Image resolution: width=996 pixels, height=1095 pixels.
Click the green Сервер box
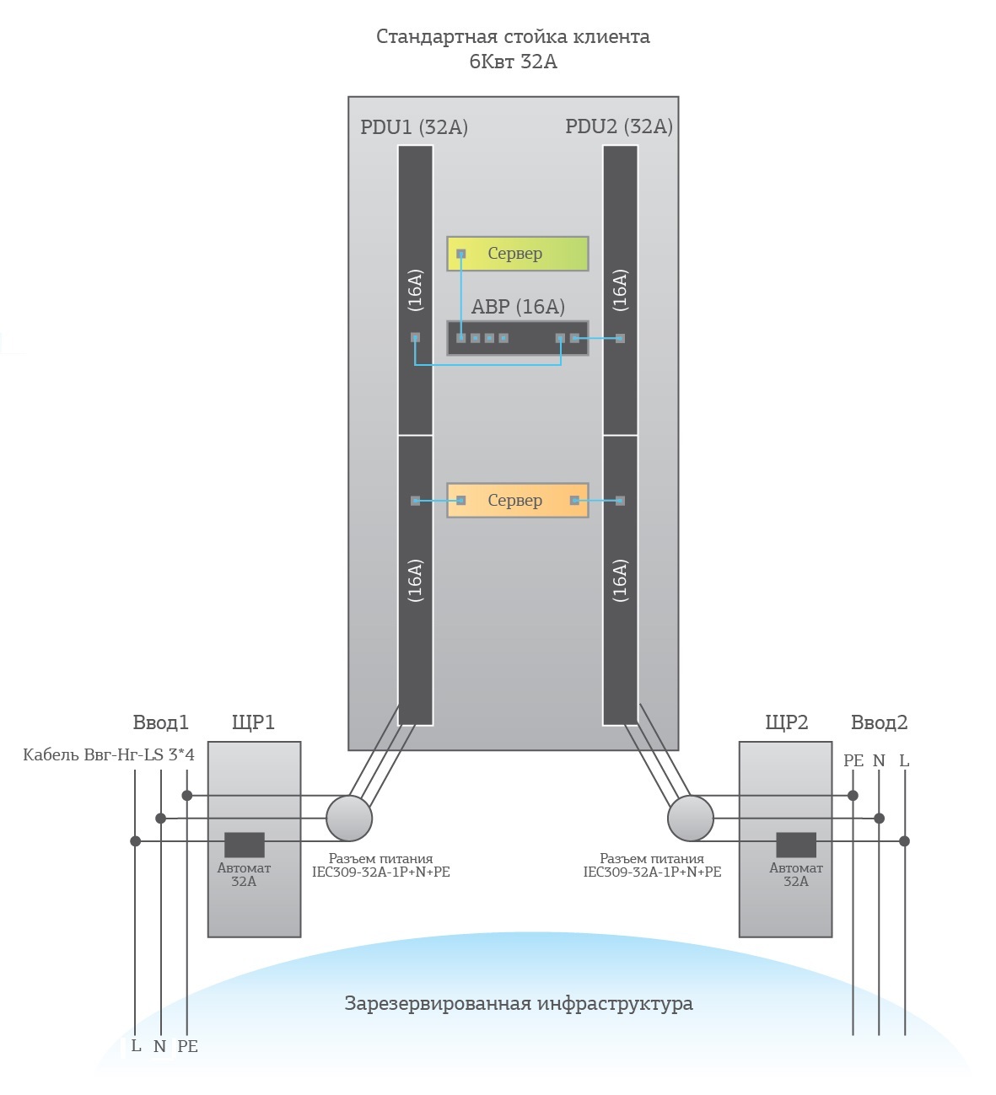[517, 253]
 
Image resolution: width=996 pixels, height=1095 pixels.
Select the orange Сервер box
[517, 500]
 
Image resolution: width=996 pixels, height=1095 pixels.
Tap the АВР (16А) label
[517, 306]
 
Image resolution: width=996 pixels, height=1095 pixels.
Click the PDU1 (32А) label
[413, 126]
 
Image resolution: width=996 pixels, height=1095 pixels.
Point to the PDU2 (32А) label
[618, 126]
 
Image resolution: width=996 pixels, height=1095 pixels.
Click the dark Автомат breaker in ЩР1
[245, 845]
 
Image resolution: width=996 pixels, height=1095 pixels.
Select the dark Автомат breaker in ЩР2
[795, 845]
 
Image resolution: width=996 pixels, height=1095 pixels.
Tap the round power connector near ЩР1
[348, 818]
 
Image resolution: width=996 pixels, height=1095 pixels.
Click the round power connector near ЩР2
[690, 818]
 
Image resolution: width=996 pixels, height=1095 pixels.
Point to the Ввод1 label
[160, 722]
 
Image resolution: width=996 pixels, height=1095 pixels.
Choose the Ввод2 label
[879, 722]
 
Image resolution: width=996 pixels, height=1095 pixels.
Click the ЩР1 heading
[253, 722]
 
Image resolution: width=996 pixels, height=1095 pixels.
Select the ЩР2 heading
[786, 722]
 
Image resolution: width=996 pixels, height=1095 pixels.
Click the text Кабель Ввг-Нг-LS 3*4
[109, 754]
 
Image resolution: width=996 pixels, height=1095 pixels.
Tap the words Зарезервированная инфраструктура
[518, 1003]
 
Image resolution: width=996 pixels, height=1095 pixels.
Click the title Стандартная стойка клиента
[513, 36]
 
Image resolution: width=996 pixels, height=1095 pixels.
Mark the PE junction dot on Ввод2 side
[853, 795]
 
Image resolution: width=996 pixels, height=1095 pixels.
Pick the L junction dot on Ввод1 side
[135, 841]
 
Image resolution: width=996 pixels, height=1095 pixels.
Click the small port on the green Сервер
[460, 253]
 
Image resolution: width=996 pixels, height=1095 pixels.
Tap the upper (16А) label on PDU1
[415, 290]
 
